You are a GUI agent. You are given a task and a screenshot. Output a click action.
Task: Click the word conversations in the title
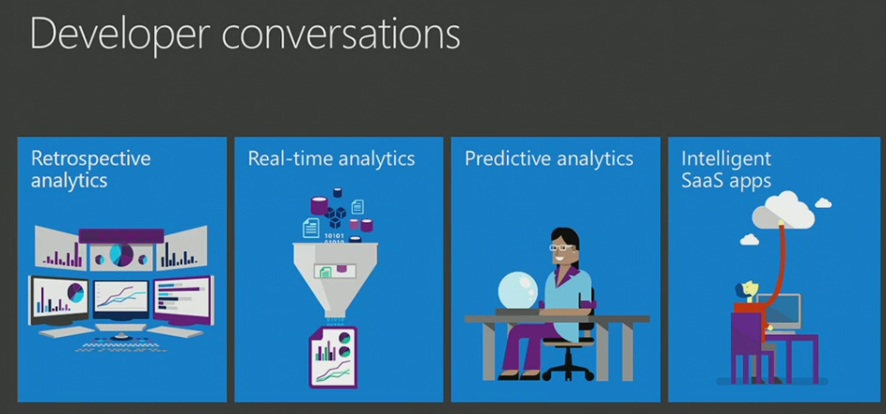click(x=341, y=34)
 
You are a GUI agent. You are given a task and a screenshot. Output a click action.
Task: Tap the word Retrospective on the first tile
click(x=91, y=159)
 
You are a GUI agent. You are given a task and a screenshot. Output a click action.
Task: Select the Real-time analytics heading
click(x=331, y=159)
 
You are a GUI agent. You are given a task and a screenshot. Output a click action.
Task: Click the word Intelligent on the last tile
click(x=726, y=159)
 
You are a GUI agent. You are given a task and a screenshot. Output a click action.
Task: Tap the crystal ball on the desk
click(x=517, y=290)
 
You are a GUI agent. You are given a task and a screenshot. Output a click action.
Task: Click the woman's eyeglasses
click(x=561, y=247)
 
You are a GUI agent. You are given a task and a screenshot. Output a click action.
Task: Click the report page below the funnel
click(x=333, y=357)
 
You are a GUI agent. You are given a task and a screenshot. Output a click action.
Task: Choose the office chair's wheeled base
click(x=568, y=371)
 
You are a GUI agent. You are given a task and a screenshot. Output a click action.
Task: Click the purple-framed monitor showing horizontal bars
click(x=183, y=300)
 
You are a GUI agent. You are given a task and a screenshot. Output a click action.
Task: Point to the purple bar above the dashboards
click(x=121, y=236)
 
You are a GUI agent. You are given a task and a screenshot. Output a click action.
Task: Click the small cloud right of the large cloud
click(x=823, y=202)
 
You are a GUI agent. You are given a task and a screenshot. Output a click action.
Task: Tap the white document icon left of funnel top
click(x=310, y=228)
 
